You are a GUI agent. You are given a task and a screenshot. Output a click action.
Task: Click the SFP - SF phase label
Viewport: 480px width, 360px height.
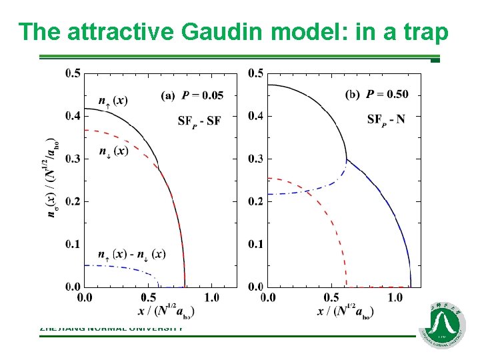pos(199,121)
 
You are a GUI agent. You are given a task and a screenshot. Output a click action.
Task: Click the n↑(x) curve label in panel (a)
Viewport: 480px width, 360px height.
pos(113,101)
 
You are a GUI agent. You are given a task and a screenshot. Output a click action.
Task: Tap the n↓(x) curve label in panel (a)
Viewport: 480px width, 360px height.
pos(113,151)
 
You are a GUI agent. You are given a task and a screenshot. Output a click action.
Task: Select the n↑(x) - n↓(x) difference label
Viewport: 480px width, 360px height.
pos(131,254)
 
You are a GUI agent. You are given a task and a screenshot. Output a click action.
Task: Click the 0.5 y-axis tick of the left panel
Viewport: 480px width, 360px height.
pos(73,73)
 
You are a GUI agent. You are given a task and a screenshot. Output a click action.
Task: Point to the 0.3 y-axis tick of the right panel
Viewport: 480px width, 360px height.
pos(256,159)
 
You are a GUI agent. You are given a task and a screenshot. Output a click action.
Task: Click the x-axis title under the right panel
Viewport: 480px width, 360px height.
pos(345,311)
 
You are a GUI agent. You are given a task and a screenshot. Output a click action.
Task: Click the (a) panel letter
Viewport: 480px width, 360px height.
pos(169,95)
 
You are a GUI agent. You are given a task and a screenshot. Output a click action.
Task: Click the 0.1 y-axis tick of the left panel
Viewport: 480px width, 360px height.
pos(73,244)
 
